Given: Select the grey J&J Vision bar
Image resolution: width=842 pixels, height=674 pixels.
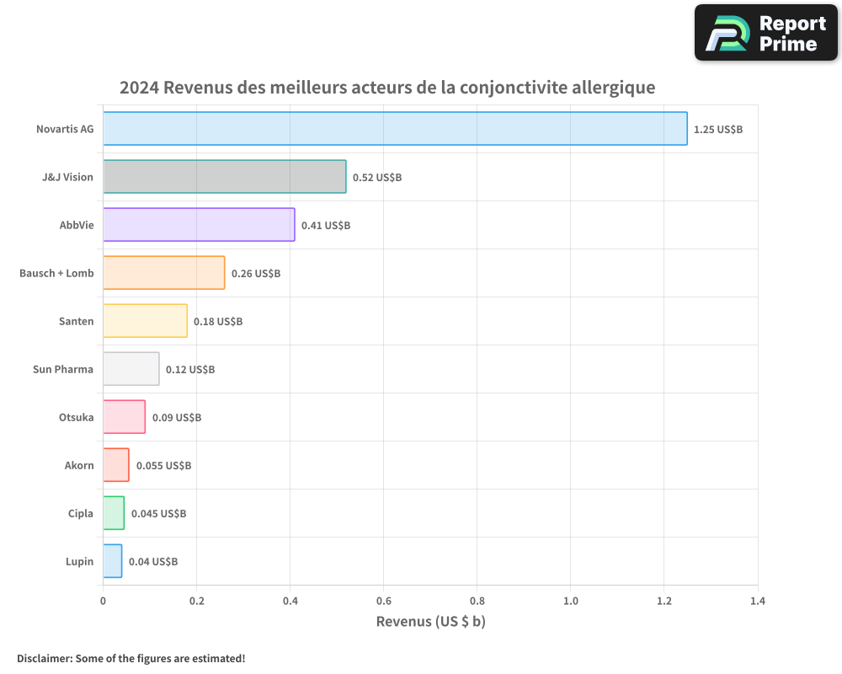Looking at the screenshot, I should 224,177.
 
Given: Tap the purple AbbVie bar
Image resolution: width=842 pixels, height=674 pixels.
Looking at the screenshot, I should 199,225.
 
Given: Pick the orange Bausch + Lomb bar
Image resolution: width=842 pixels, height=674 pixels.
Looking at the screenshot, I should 163,273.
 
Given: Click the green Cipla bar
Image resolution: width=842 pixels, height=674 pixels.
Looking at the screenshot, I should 114,513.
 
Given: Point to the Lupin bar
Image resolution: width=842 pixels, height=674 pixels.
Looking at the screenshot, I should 112,561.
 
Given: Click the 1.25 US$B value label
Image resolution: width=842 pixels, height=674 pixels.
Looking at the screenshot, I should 718,130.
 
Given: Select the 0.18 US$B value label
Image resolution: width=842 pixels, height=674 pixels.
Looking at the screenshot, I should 218,322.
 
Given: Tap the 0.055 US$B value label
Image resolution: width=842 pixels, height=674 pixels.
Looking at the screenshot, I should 163,466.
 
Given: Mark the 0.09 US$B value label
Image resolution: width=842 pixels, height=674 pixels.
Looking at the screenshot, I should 177,418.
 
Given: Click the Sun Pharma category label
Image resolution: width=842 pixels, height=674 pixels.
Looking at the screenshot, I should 63,370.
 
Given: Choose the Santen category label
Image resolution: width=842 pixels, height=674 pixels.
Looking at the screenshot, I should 76,322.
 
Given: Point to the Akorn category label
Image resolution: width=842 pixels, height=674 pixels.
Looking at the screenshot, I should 79,466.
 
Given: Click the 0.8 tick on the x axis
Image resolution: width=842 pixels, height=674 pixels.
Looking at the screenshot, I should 477,602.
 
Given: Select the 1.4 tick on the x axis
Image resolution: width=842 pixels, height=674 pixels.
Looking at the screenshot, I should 757,602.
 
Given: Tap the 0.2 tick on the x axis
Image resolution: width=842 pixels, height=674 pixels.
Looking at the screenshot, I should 196,602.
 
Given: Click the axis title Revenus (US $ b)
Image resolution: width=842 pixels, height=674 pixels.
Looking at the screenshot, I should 430,622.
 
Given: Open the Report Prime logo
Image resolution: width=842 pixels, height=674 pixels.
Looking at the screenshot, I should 765,33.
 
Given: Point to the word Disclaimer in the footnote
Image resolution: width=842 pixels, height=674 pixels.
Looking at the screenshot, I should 44,658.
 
